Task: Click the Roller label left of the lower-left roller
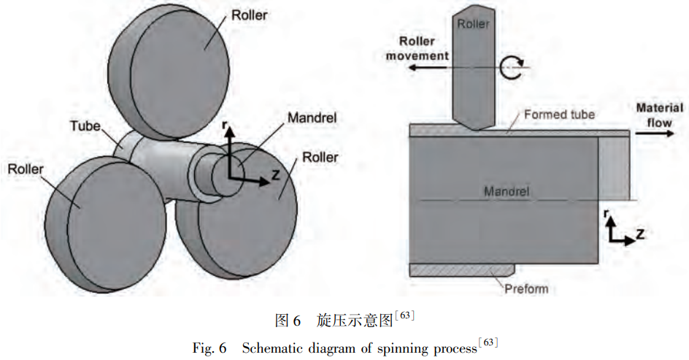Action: click(x=26, y=169)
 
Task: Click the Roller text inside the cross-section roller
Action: click(x=472, y=25)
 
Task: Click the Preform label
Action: click(x=526, y=288)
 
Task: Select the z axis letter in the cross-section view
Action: click(x=639, y=234)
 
